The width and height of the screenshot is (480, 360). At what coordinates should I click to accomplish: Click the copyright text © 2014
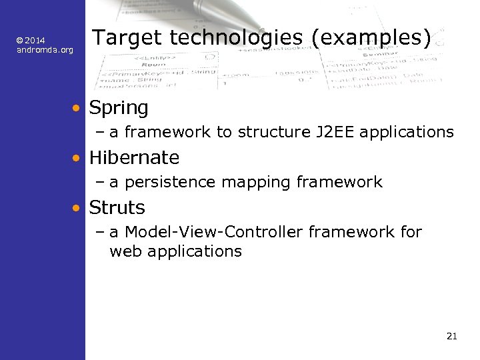[x=31, y=41]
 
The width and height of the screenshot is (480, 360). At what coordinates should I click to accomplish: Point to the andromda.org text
[x=45, y=50]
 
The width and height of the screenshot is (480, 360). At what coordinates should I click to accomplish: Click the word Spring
[x=119, y=107]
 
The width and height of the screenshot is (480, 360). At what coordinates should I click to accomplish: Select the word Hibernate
[x=134, y=158]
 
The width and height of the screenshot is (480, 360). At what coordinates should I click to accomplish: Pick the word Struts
[x=117, y=208]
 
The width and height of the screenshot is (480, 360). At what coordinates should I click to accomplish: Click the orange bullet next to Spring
[x=78, y=107]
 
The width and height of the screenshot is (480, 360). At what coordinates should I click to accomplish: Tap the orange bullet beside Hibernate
[x=78, y=158]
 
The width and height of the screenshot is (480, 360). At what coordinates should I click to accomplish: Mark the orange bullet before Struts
[x=78, y=208]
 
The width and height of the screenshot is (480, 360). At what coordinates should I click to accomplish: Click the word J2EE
[x=334, y=132]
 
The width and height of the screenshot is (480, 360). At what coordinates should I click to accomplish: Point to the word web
[x=125, y=251]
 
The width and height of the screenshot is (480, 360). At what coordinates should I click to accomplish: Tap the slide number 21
[x=451, y=336]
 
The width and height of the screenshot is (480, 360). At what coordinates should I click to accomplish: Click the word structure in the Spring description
[x=275, y=132]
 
